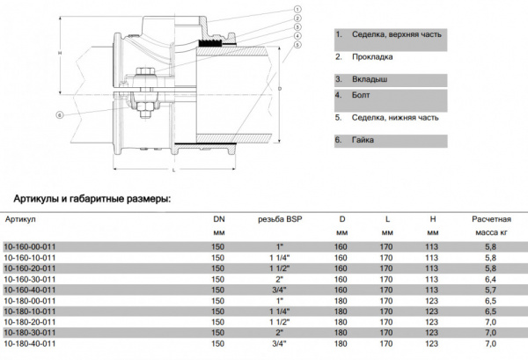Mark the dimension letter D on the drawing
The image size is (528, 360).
[280, 89]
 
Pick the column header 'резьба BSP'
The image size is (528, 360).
[279, 217]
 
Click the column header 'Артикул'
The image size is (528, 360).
[20, 217]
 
